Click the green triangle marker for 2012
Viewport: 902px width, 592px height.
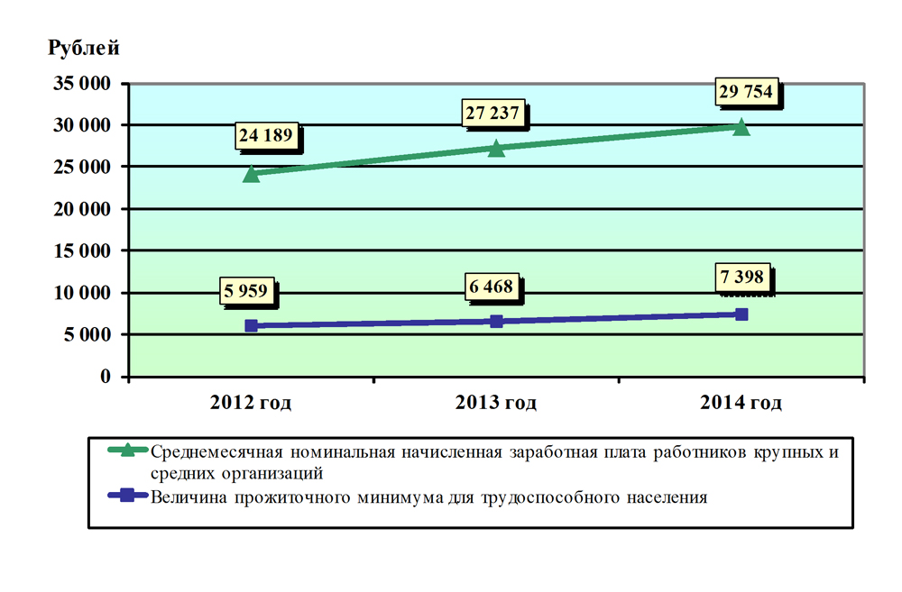tap(251, 174)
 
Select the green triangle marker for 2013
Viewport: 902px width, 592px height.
tap(496, 148)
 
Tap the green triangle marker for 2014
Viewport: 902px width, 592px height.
tap(741, 127)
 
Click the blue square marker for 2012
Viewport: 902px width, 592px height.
tap(251, 325)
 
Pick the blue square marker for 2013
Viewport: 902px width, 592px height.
tap(496, 321)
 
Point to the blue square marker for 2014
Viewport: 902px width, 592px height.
tap(741, 314)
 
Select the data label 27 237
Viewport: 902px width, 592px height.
tap(493, 112)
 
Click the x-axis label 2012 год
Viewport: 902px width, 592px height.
tap(251, 403)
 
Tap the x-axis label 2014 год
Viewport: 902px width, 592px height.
tap(741, 403)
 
